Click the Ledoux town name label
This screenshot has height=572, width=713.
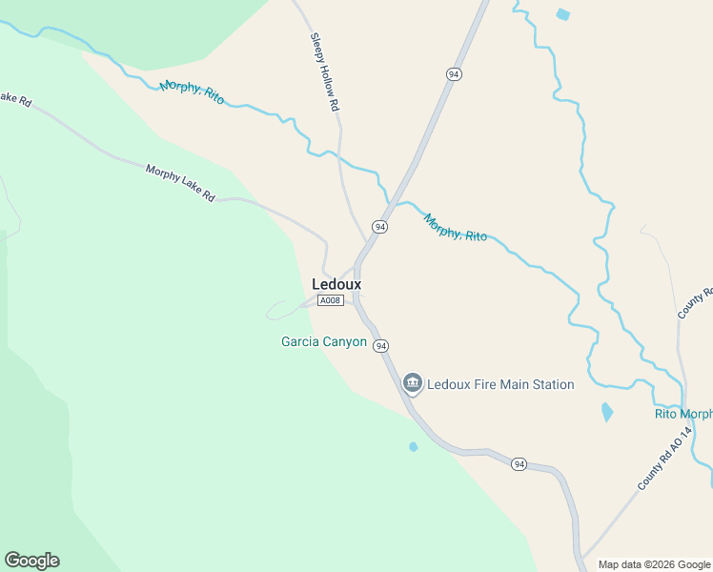pos(336,284)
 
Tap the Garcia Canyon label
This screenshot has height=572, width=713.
pos(324,341)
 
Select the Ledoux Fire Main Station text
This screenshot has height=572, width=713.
pos(500,385)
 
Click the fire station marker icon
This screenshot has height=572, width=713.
pos(413,384)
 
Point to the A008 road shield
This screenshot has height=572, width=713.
pos(331,301)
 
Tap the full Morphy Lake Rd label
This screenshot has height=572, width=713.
pos(181,183)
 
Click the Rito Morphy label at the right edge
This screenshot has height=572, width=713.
pos(683,414)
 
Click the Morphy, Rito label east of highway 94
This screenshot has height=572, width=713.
pos(456,227)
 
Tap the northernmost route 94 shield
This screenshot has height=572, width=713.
pos(455,74)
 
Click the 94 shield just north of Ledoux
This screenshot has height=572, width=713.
pos(380,227)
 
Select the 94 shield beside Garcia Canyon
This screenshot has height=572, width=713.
pos(381,345)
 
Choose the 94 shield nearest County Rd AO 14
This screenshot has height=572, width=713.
pos(519,464)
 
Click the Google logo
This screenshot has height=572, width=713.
pos(31,561)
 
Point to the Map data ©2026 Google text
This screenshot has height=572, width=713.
pos(655,564)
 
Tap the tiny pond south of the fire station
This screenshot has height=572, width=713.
pos(413,446)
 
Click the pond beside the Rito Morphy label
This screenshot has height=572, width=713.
pos(607,413)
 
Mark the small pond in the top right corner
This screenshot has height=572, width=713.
pos(563,14)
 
